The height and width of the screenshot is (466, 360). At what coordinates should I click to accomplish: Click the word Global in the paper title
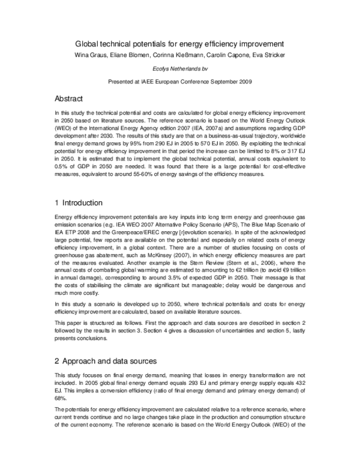click(x=87, y=44)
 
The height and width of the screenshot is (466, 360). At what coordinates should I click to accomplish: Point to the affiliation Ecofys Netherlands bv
click(x=179, y=68)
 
